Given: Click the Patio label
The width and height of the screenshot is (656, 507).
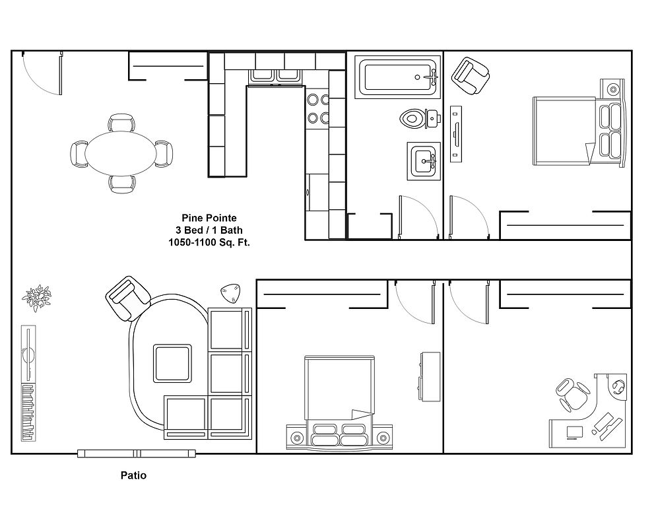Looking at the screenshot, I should click(x=133, y=475).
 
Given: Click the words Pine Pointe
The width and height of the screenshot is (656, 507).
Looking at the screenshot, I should click(x=209, y=217).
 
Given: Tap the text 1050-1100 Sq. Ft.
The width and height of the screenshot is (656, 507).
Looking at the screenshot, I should click(x=209, y=242).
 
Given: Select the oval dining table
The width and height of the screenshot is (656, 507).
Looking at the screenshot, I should click(x=121, y=153).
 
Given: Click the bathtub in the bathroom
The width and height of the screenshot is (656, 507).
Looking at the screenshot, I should click(x=396, y=77).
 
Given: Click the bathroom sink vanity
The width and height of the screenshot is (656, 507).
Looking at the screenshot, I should click(x=423, y=160).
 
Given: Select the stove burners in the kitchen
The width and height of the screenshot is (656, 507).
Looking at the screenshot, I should click(x=316, y=109).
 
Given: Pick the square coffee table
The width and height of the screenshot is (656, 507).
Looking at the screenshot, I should click(x=173, y=362).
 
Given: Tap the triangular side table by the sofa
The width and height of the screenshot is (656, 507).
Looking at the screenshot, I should click(x=229, y=292).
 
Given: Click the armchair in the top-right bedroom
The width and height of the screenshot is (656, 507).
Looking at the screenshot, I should click(x=471, y=76).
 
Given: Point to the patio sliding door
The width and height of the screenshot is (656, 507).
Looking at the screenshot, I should click(x=137, y=453).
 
